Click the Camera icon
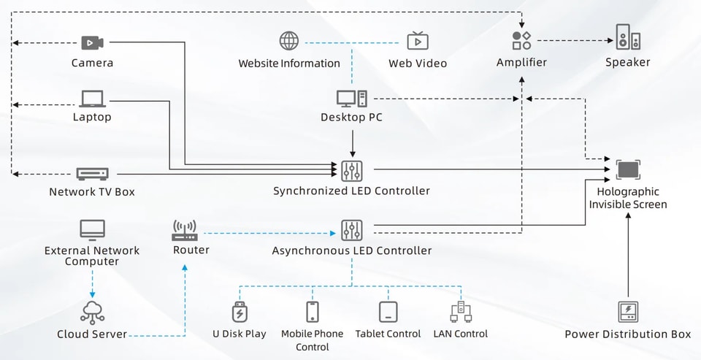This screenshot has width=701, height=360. pyautogui.click(x=93, y=43)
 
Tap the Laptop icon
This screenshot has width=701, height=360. pyautogui.click(x=93, y=99)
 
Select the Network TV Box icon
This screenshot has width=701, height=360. pyautogui.click(x=93, y=174)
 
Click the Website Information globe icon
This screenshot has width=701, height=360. pyautogui.click(x=289, y=41)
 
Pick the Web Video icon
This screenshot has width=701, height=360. pyautogui.click(x=418, y=41)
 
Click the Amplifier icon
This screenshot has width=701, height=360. pyautogui.click(x=521, y=40)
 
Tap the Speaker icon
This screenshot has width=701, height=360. pyautogui.click(x=628, y=37)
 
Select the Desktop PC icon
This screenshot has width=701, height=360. pyautogui.click(x=352, y=99)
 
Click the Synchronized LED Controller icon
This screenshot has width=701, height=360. pyautogui.click(x=352, y=170)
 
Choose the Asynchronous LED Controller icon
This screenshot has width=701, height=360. pyautogui.click(x=352, y=230)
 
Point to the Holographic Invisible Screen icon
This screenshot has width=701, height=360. pyautogui.click(x=628, y=170)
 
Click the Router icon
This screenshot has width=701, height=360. pyautogui.click(x=184, y=231)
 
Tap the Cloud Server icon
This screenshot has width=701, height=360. pyautogui.click(x=93, y=313)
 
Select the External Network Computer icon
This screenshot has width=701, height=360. pyautogui.click(x=93, y=230)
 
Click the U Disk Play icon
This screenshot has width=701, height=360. pyautogui.click(x=240, y=312)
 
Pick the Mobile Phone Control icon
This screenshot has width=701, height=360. pyautogui.click(x=313, y=312)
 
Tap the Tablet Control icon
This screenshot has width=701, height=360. pyautogui.click(x=388, y=312)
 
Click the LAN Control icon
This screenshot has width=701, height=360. pyautogui.click(x=461, y=312)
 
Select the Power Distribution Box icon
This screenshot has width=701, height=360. pyautogui.click(x=628, y=312)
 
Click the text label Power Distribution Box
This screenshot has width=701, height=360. pyautogui.click(x=628, y=334)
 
